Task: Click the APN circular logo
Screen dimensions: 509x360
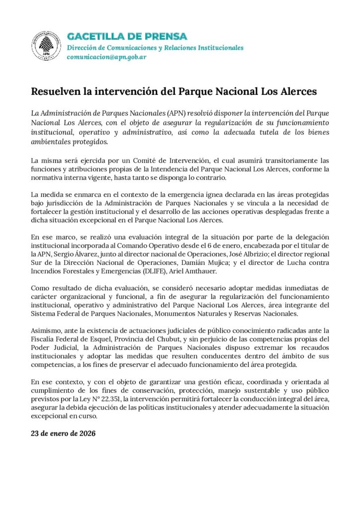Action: (x=47, y=46)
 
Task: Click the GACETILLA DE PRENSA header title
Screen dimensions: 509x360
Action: (x=127, y=36)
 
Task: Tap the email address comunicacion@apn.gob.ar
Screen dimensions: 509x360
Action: (x=106, y=57)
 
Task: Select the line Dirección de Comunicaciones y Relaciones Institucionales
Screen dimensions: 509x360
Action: (x=155, y=47)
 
